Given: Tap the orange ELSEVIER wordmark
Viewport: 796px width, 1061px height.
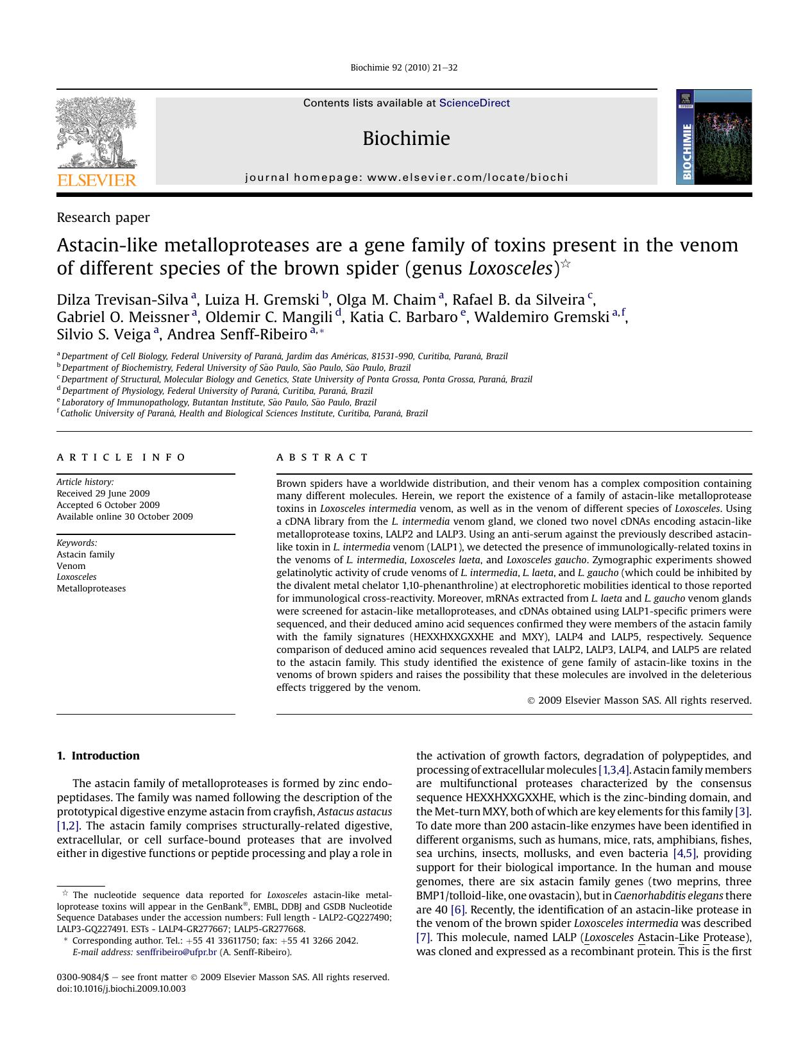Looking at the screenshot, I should pos(97,180).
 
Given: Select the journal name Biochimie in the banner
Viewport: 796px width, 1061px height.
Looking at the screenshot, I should pos(406,139).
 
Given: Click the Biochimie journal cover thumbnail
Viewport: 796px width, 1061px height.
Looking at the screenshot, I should pos(713,137).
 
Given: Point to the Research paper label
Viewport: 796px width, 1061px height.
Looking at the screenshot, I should pos(103,217).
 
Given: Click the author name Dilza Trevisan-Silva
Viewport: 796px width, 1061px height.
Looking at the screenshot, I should pos(123,300).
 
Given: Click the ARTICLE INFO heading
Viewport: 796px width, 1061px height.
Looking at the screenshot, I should pos(121,457).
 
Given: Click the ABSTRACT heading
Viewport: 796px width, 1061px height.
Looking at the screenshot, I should pos(323,457).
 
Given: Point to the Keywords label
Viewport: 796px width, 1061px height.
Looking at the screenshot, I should pos(77,543).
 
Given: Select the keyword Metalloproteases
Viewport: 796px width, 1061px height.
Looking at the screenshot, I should pos(91,588).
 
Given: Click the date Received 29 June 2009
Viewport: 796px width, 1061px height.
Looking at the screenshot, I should pos(103,493).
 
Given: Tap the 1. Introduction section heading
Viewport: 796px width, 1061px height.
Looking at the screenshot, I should pos(98,756).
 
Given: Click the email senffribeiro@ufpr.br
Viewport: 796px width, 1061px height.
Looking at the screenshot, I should pos(176,952).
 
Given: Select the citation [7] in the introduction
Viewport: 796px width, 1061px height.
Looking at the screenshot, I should pos(423,937).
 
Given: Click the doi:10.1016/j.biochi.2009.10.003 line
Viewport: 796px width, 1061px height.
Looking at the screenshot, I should pos(121,989).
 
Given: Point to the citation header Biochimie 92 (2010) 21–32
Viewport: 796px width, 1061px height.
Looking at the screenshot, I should pos(404,68).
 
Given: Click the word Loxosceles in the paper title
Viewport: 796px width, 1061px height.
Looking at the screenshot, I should pos(510,268).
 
